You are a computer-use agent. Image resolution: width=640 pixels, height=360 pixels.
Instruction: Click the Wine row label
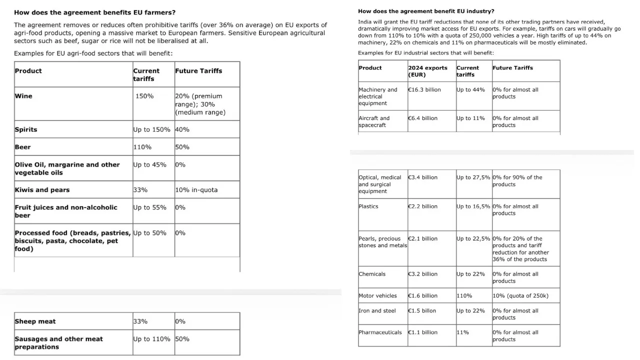pyautogui.click(x=23, y=96)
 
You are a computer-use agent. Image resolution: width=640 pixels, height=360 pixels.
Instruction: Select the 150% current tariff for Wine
pyautogui.click(x=144, y=96)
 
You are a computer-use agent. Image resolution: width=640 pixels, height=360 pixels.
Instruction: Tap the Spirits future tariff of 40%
pyautogui.click(x=182, y=129)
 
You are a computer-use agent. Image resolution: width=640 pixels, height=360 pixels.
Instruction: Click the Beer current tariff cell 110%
pyautogui.click(x=142, y=147)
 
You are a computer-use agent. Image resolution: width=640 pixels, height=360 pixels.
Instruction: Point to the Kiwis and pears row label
pyautogui.click(x=42, y=190)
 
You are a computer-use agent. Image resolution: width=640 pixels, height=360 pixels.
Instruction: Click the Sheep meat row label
pyautogui.click(x=35, y=321)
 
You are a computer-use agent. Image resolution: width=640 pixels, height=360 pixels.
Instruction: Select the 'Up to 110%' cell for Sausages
pyautogui.click(x=151, y=339)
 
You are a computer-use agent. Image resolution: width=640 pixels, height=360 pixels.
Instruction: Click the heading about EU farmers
pyautogui.click(x=95, y=12)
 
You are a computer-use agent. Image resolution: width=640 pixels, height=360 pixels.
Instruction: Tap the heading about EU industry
pyautogui.click(x=426, y=11)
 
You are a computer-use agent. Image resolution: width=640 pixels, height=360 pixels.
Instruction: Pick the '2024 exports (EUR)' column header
pyautogui.click(x=427, y=71)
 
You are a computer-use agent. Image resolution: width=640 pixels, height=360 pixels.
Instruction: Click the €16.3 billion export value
pyautogui.click(x=424, y=90)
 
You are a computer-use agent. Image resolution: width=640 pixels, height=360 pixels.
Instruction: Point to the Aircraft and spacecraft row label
pyautogui.click(x=374, y=121)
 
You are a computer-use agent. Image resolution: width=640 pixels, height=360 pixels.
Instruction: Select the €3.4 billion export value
pyautogui.click(x=422, y=177)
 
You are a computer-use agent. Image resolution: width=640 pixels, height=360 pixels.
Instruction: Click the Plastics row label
pyautogui.click(x=368, y=206)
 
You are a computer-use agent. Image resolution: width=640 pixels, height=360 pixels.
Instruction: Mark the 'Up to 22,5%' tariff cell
pyautogui.click(x=473, y=239)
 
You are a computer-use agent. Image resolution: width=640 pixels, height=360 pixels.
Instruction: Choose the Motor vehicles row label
pyautogui.click(x=377, y=296)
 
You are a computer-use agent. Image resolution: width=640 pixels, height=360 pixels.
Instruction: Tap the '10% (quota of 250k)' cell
pyautogui.click(x=520, y=296)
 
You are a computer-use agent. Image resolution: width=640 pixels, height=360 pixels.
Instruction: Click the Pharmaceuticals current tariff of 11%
pyautogui.click(x=462, y=332)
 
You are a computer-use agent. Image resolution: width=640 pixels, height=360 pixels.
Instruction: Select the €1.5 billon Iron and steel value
pyautogui.click(x=422, y=311)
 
